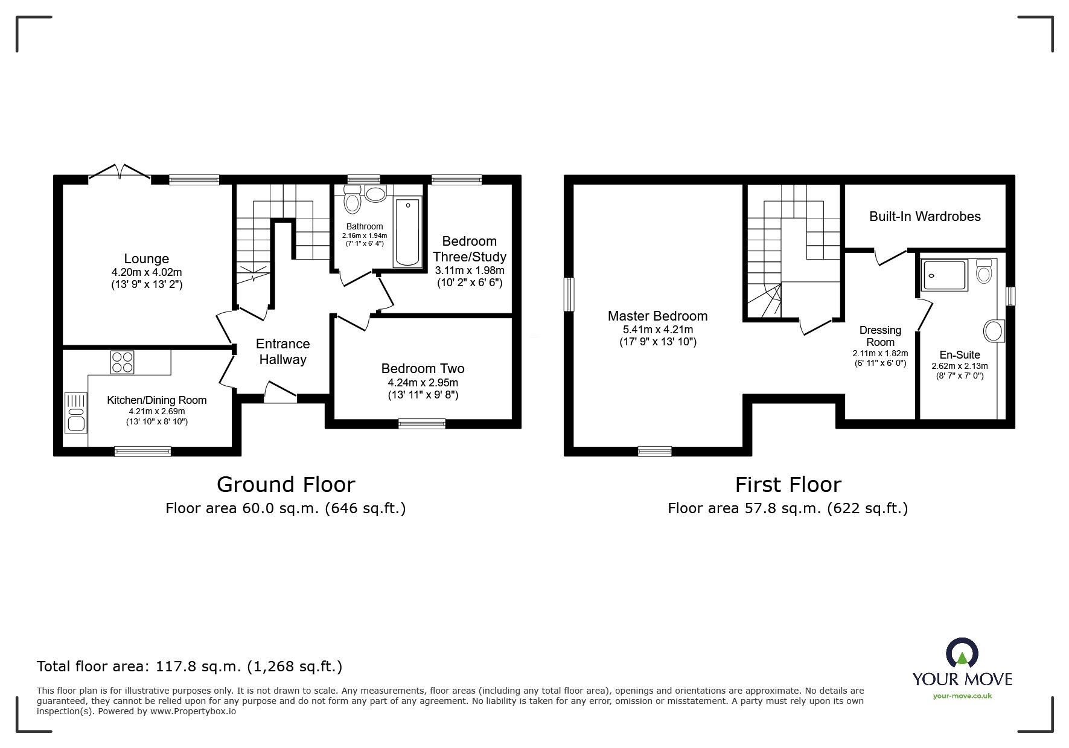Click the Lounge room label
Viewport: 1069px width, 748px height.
click(147, 259)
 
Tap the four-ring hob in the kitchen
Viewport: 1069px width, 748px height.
click(122, 362)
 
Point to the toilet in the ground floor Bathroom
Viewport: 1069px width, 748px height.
click(352, 199)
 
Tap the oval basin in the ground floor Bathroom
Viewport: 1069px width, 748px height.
click(377, 194)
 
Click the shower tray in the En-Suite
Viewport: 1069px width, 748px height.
click(945, 275)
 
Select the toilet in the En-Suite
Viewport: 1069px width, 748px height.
click(984, 272)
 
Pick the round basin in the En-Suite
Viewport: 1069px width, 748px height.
click(993, 331)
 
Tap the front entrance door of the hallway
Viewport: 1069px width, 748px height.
click(280, 392)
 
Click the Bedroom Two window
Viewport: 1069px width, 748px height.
click(422, 424)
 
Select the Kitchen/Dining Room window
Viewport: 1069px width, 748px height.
click(143, 451)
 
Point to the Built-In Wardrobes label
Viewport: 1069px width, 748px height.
click(925, 216)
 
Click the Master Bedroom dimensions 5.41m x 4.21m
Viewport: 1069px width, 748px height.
click(658, 330)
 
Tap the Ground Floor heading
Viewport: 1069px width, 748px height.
click(286, 484)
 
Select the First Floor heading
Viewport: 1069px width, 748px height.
click(788, 484)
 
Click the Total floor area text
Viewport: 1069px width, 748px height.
click(190, 666)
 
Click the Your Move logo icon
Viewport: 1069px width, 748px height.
click(962, 654)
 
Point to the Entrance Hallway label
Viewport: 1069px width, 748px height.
click(282, 351)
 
